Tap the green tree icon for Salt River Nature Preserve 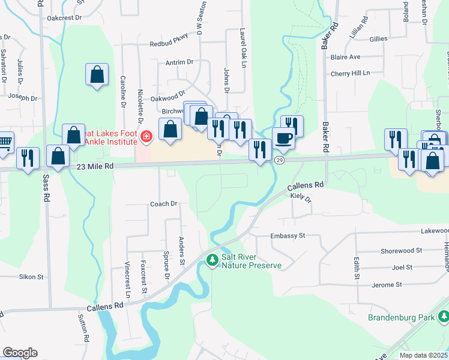pyautogui.click(x=211, y=260)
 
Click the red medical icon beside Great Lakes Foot pyautogui.click(x=145, y=137)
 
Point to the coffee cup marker pyautogui.click(x=283, y=139)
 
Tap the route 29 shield pyautogui.click(x=279, y=160)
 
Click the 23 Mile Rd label pyautogui.click(x=95, y=169)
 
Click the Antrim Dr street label pyautogui.click(x=181, y=62)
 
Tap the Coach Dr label pyautogui.click(x=163, y=204)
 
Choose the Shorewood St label pyautogui.click(x=402, y=250)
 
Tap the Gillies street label pyautogui.click(x=379, y=38)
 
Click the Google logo pyautogui.click(x=20, y=352)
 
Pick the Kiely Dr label pyautogui.click(x=301, y=197)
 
